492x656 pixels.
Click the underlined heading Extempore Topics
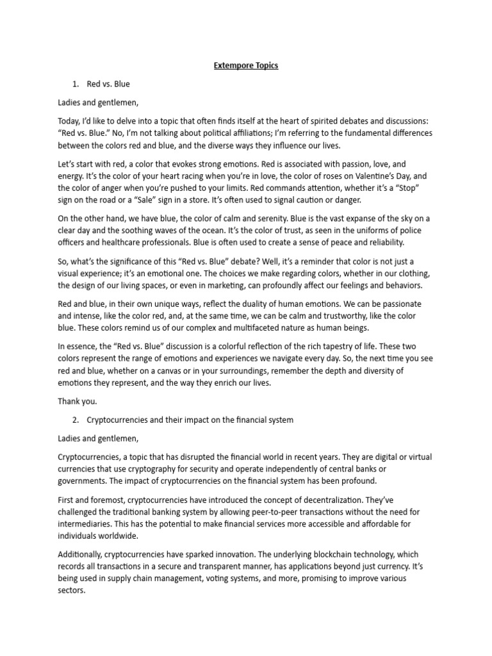pos(246,65)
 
